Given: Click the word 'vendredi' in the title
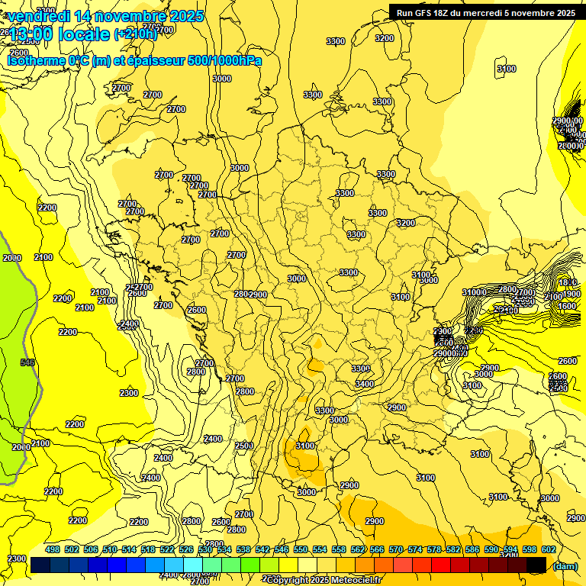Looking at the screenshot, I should point(36,16).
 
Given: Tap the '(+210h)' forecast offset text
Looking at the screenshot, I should point(136,34).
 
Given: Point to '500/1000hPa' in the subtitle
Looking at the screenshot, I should point(225,60).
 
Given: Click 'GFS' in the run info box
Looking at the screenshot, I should point(427,13).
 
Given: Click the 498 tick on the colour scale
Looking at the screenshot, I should point(52,550).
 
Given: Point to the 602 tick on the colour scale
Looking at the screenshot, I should point(548,550).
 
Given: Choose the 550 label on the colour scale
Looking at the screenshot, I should point(300,550).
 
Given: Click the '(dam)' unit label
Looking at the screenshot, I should point(565,565).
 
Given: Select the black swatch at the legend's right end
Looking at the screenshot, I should point(536,565).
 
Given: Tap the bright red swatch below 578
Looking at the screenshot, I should point(441,565).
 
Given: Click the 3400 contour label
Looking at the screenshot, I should point(365,384).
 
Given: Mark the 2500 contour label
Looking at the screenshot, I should point(244,446).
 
